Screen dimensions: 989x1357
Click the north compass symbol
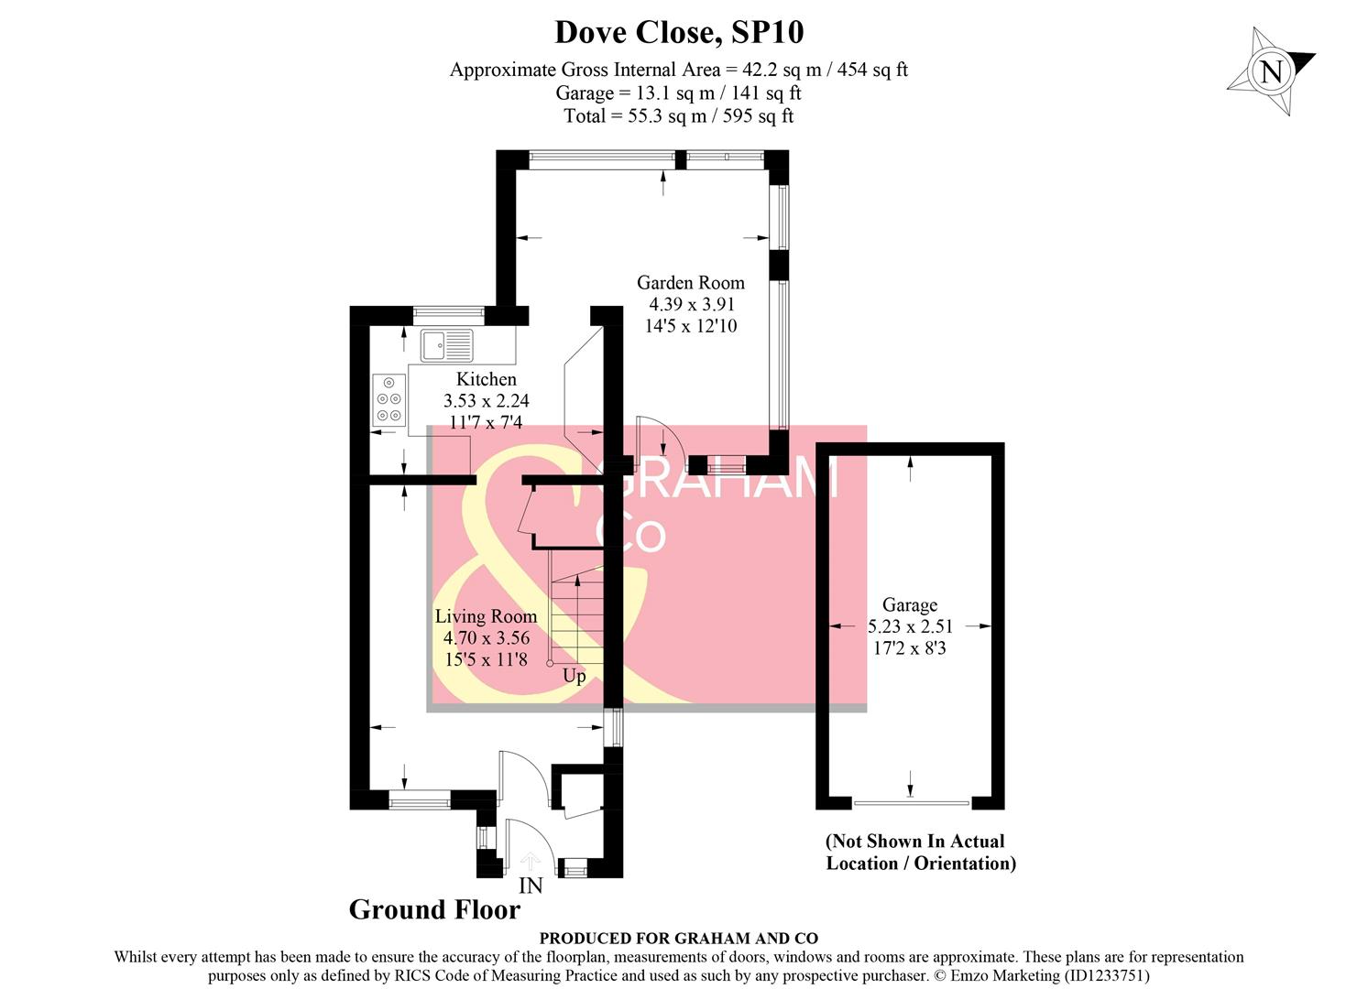[x=1271, y=71]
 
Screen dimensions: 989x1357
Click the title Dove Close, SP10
[x=679, y=32]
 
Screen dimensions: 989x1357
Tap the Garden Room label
[x=690, y=283]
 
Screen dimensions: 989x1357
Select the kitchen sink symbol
[x=447, y=346]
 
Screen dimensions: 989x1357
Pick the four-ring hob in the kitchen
[x=388, y=399]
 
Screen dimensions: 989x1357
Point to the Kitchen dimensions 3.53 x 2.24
[x=486, y=401]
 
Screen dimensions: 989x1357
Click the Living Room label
[x=486, y=616]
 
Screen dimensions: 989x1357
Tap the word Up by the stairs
[x=574, y=677]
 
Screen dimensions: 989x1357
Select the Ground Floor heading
[x=434, y=909]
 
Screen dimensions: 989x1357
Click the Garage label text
[x=909, y=605]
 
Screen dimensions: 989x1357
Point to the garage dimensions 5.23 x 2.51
[x=910, y=627]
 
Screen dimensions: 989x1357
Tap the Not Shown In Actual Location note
[x=920, y=853]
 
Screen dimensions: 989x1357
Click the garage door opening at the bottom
[x=911, y=803]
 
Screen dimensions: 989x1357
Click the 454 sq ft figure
[x=872, y=70]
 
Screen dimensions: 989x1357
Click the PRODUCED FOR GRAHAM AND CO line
[x=678, y=938]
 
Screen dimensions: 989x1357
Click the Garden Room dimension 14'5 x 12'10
[x=690, y=326]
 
